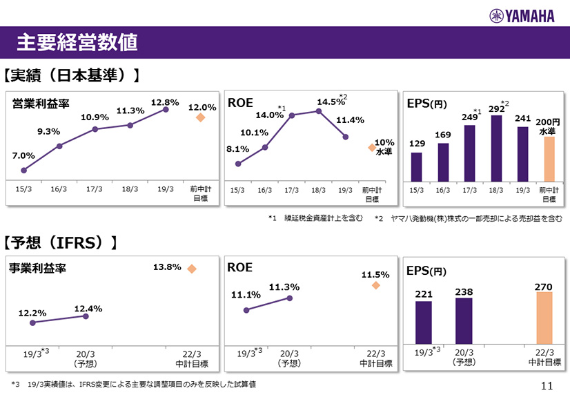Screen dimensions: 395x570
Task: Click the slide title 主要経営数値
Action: (x=77, y=43)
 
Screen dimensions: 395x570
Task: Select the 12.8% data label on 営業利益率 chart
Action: (x=165, y=102)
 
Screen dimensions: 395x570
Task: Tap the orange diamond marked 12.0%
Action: (x=201, y=117)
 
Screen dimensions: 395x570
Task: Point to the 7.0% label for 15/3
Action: (x=23, y=155)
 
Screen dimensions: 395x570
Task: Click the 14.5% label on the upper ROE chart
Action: (x=331, y=102)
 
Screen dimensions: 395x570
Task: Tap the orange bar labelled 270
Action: (x=544, y=318)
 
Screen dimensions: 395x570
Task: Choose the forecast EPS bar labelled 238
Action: (x=464, y=320)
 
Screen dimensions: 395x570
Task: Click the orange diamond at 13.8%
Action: (x=192, y=269)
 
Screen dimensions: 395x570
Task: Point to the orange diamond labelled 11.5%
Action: (x=375, y=285)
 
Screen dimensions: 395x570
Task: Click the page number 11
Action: (x=548, y=385)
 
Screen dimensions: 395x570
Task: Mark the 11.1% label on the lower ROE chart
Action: (x=246, y=295)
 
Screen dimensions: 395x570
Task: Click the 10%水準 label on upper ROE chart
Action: (x=384, y=146)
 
